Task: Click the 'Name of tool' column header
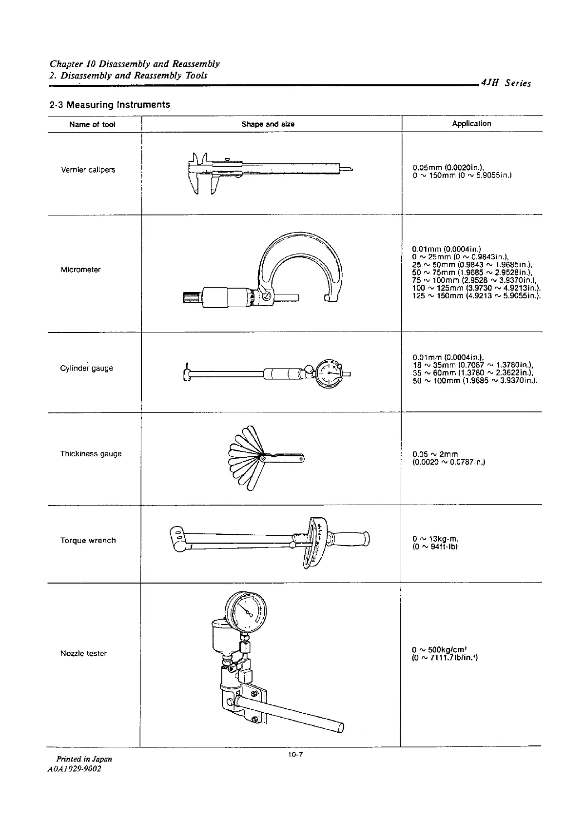pyautogui.click(x=92, y=124)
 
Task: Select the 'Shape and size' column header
pyautogui.click(x=268, y=124)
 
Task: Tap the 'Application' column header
pyautogui.click(x=471, y=123)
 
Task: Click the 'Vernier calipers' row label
pyautogui.click(x=88, y=170)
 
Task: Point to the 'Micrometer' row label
pyautogui.click(x=81, y=270)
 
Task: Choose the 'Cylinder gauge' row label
pyautogui.click(x=86, y=368)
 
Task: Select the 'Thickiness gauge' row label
pyautogui.click(x=91, y=454)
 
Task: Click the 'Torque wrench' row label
pyautogui.click(x=88, y=540)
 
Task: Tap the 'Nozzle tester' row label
pyautogui.click(x=83, y=653)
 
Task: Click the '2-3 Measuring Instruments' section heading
pyautogui.click(x=110, y=104)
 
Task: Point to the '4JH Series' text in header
pyautogui.click(x=506, y=83)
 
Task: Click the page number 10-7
pyautogui.click(x=295, y=755)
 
